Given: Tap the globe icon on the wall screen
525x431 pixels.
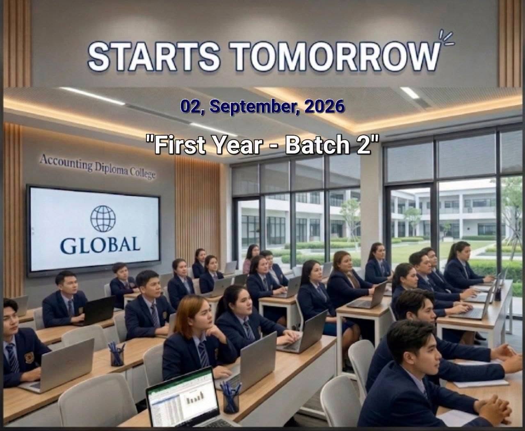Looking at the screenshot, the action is coord(103,219).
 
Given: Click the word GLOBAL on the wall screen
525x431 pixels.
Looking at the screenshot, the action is coord(100,245).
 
